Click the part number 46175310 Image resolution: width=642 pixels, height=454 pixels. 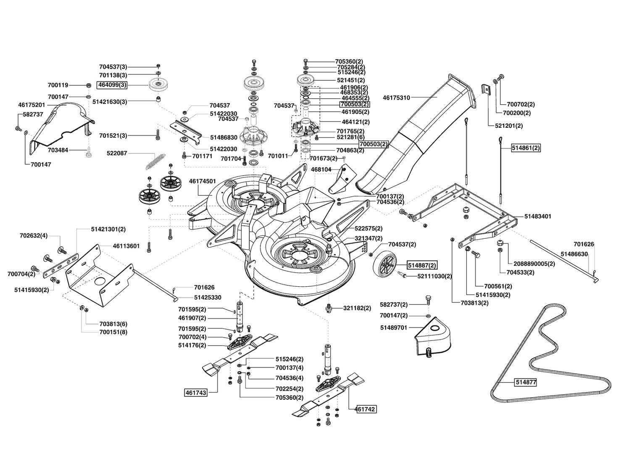396,98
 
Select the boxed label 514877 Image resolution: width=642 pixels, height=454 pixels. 526,382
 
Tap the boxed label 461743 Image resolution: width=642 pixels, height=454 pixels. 196,393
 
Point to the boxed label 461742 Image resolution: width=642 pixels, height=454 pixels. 366,409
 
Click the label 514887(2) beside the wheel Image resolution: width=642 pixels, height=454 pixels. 422,266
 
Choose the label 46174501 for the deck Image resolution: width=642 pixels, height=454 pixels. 203,181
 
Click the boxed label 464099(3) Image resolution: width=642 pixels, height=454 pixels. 112,85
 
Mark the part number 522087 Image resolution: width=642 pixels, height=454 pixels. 117,153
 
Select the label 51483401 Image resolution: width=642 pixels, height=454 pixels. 538,216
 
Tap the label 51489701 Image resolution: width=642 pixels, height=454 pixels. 394,327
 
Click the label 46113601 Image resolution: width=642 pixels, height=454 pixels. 126,246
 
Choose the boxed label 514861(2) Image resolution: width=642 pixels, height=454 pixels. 526,148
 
